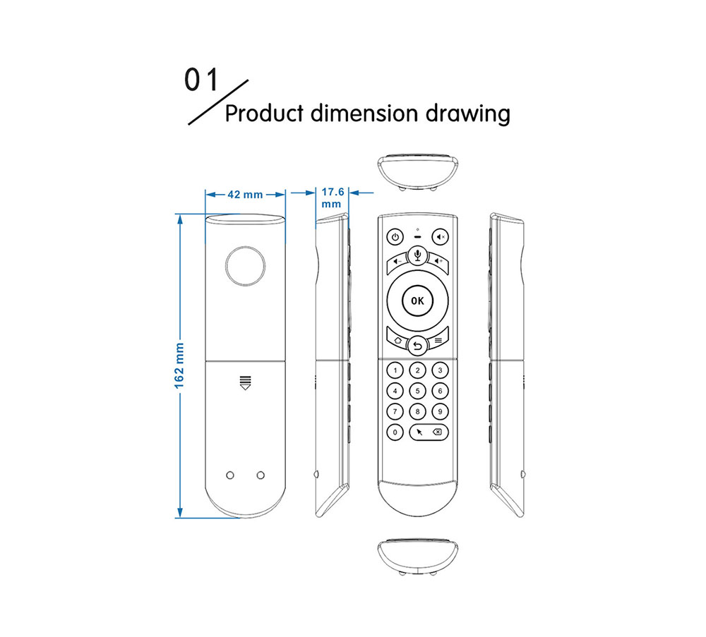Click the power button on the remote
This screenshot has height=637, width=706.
(395, 237)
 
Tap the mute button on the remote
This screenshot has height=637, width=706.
(441, 237)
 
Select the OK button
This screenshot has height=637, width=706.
(417, 301)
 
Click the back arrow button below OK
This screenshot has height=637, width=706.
(417, 346)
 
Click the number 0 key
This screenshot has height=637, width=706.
(395, 432)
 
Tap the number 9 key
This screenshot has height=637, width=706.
(440, 411)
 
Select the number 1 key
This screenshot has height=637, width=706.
(395, 370)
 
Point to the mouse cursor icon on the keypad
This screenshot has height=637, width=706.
(420, 432)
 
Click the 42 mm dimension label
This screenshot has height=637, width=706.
(245, 195)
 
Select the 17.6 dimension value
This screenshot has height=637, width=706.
(333, 191)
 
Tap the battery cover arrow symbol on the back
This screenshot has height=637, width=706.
(245, 382)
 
